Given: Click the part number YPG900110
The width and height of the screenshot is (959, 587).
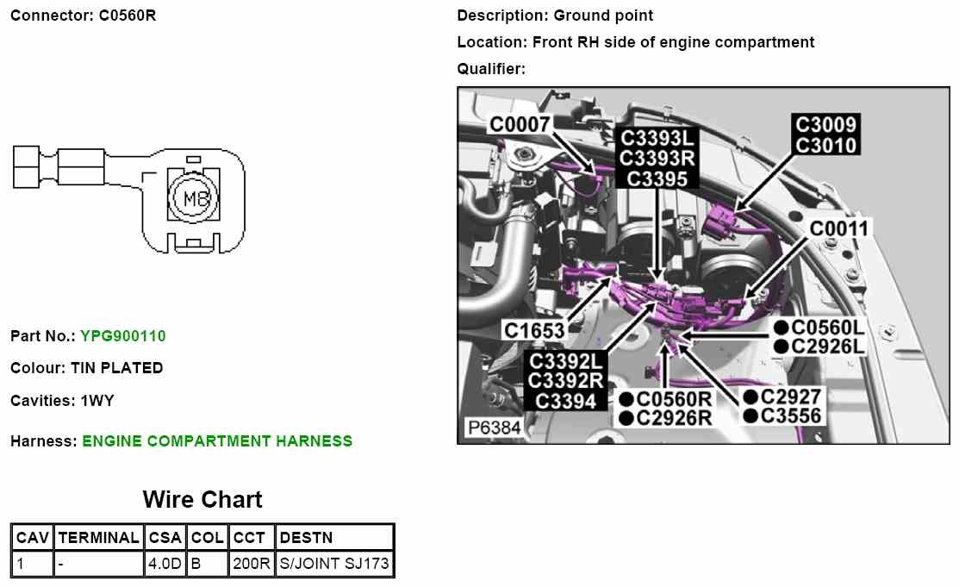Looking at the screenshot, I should [122, 336].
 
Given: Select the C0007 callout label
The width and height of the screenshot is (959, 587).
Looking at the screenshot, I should [520, 125].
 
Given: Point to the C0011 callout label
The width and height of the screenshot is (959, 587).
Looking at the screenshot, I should [838, 228].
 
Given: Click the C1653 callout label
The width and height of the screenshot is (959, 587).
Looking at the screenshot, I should [534, 330].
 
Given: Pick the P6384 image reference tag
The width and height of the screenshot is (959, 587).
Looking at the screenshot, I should [494, 428].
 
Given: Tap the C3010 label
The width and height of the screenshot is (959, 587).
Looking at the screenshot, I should [825, 145].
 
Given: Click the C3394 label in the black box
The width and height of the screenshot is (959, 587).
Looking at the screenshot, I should [564, 401].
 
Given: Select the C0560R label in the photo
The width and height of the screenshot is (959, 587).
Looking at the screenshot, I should [674, 398].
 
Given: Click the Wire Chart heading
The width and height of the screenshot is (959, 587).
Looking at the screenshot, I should [202, 499].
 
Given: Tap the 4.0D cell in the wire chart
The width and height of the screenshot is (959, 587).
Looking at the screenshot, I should [165, 565].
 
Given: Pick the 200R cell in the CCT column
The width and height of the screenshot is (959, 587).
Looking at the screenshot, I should [252, 565].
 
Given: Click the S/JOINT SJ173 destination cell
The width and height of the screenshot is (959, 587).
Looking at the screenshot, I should [334, 565].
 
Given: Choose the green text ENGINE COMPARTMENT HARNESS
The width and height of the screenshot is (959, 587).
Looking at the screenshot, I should [217, 441].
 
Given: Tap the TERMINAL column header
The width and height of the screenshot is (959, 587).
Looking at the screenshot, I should [98, 538].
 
